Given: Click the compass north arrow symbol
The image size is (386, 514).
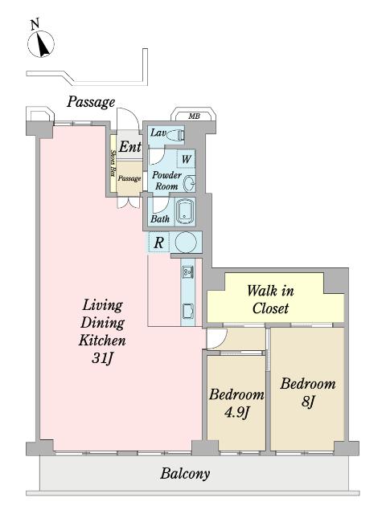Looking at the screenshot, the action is tap(40, 41).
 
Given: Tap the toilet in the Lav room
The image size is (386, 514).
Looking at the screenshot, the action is tap(175, 135).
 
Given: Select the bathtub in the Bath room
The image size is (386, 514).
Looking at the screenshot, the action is tap(186, 212).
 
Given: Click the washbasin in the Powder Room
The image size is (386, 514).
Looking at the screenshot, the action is tap(190, 183).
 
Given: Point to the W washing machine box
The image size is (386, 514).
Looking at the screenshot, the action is tap(186, 159).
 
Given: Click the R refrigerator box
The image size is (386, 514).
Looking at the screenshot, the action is tap(159, 243).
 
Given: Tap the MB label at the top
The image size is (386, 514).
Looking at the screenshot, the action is tap(194, 116).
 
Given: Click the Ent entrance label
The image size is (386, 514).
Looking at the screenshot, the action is tap(130, 146).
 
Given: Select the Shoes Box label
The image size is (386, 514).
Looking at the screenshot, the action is tap(113, 163).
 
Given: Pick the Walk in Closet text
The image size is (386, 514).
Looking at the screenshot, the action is tap(270, 300).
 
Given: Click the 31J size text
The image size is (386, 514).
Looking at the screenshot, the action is tap(102, 358).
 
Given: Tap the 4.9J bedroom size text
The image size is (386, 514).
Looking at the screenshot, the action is tap(236, 413).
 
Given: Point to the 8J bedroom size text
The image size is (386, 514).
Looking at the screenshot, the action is tap(307, 402).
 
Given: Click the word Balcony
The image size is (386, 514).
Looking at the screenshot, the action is tap(185, 474).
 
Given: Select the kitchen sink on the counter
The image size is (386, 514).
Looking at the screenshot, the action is tap(188, 271).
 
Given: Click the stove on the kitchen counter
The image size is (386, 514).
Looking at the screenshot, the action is tap(188, 312).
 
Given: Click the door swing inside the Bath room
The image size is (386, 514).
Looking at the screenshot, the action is tap(161, 205).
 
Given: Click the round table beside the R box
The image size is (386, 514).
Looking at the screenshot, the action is tap(186, 243).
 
